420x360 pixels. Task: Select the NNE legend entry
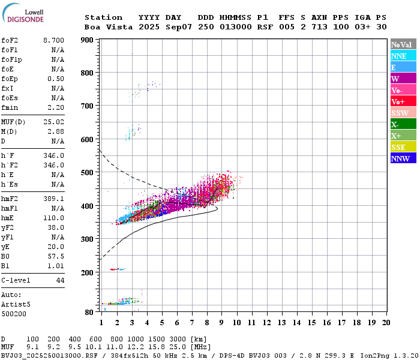[x=403, y=56]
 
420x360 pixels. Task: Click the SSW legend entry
[x=403, y=113]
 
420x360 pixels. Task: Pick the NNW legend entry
[x=403, y=158]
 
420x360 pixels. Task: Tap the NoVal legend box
[x=403, y=44]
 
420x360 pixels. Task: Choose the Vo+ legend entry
[x=403, y=101]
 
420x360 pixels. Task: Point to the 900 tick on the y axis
[x=87, y=40]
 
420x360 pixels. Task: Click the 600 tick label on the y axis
[x=87, y=139]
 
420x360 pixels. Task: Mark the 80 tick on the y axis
[x=89, y=312]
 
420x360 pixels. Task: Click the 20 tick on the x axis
[x=386, y=323]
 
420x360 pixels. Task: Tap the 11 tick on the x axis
[x=251, y=323]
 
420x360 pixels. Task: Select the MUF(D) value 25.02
[x=53, y=122]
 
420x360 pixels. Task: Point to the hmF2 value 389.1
[x=53, y=198]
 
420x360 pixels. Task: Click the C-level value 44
[x=60, y=280]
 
